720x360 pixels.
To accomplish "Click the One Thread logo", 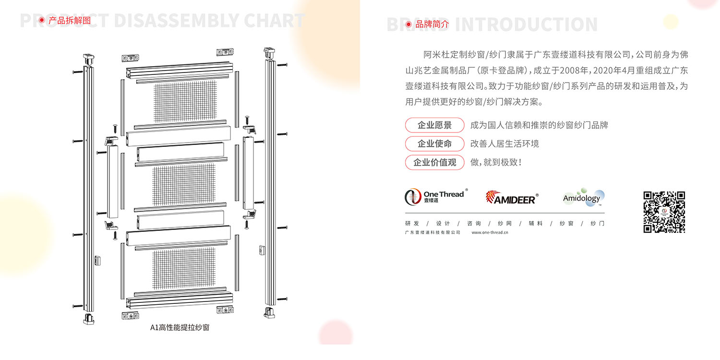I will click(434, 196).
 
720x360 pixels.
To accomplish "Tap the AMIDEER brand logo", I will click(511, 197).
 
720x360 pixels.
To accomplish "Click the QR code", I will click(664, 212).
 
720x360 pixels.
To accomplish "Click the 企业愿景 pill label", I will click(434, 125).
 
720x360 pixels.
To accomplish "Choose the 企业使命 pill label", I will click(434, 144).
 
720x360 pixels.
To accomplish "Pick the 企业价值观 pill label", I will click(434, 162).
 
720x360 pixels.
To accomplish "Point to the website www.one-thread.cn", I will click(490, 233).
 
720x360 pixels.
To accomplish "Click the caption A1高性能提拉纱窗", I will click(180, 328).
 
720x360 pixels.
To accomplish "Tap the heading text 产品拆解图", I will click(70, 20).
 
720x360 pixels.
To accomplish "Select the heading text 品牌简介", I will click(432, 24).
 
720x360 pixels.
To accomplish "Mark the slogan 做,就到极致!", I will click(496, 162).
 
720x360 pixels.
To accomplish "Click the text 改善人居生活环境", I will click(504, 144).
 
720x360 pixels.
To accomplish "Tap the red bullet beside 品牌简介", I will click(408, 24).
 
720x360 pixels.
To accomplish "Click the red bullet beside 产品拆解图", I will click(42, 20).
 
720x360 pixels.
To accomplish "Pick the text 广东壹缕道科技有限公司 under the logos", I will click(432, 233).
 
